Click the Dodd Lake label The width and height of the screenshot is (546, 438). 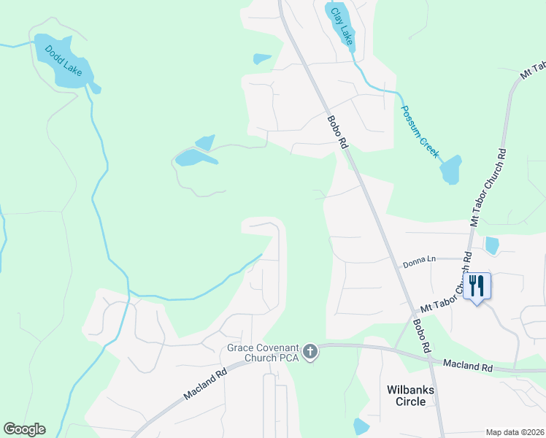[x=64, y=60]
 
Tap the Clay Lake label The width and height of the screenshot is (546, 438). [x=342, y=26]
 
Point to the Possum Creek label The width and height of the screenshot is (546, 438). [x=419, y=132]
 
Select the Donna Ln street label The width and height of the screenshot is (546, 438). [x=420, y=259]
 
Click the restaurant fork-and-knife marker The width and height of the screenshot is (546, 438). [x=478, y=285]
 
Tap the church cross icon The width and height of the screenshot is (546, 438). [x=310, y=353]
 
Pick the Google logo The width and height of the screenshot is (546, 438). [x=24, y=429]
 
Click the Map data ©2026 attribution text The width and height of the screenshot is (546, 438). [x=515, y=431]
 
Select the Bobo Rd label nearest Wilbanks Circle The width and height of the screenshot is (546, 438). [x=420, y=337]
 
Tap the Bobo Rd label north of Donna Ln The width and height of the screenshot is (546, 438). [x=337, y=132]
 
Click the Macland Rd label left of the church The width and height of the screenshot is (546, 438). [x=207, y=383]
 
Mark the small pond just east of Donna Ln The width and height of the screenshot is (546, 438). [x=492, y=246]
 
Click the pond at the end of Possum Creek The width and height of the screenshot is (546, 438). [x=451, y=170]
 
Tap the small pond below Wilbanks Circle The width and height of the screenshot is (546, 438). [x=361, y=426]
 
